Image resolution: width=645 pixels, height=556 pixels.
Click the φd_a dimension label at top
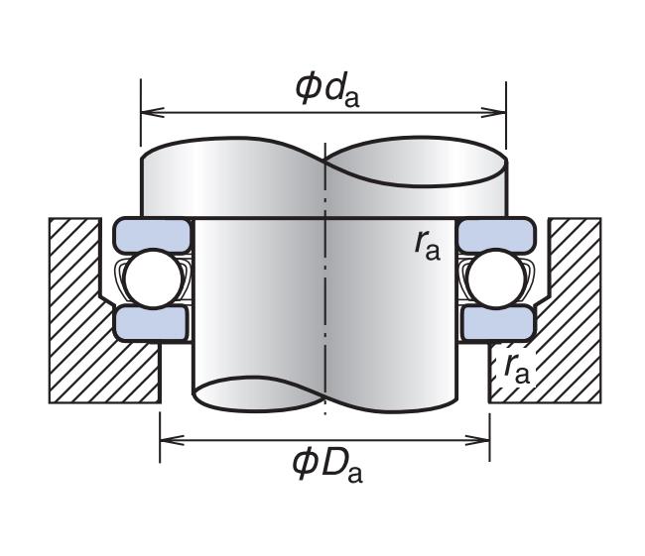point(326,86)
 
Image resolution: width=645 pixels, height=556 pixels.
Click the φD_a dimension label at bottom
point(327,463)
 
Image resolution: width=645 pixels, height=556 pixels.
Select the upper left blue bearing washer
point(152,235)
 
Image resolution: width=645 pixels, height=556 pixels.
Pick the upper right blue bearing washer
point(495,235)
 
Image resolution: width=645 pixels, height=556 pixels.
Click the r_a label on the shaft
point(428,244)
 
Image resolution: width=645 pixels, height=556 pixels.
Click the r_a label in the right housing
point(516,368)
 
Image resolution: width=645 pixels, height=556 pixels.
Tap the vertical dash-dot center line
point(324,297)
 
